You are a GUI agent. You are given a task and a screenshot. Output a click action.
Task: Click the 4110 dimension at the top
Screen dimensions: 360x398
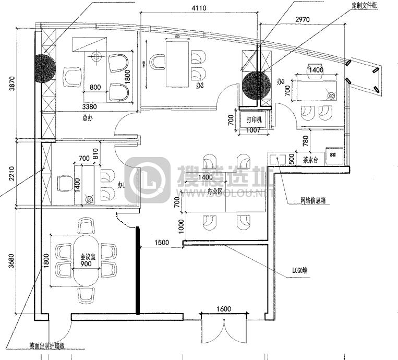[x=200, y=8]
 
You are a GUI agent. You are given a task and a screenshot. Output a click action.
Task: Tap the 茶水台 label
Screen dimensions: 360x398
[x=310, y=161]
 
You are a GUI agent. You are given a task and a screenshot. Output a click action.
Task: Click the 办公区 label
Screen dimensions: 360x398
[x=215, y=192]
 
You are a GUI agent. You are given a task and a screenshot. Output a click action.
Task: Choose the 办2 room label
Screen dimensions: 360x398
[x=200, y=84]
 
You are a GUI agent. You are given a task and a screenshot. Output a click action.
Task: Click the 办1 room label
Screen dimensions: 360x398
[x=121, y=185]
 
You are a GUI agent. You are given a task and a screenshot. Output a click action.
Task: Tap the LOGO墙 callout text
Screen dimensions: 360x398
[x=298, y=271]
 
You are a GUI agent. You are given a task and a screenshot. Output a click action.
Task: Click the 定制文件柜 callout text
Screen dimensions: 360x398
[x=365, y=6]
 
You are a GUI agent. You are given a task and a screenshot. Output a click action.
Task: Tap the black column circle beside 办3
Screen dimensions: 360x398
[x=256, y=86]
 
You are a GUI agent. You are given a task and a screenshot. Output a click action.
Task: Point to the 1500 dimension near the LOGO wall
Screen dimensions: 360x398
[x=162, y=243]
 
